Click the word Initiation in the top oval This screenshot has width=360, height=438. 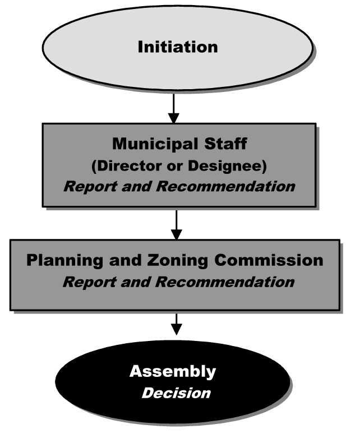178,47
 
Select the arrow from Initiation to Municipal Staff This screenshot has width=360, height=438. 174,107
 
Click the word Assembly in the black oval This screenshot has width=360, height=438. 173,371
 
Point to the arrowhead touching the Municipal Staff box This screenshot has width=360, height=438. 174,118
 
